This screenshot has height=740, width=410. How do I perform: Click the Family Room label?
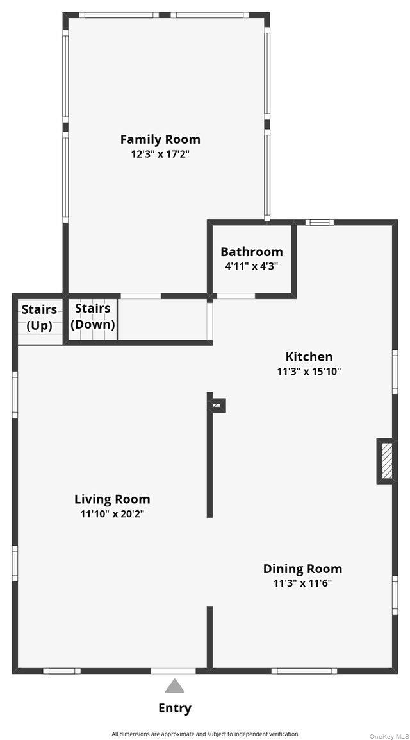[x=160, y=140]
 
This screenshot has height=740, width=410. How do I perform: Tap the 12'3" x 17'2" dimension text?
[x=160, y=154]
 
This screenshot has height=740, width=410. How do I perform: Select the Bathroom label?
[x=252, y=252]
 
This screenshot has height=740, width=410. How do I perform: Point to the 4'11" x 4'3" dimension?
[x=252, y=266]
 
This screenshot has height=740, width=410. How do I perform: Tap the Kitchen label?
[x=309, y=356]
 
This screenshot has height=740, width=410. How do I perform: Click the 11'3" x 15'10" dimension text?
[x=309, y=371]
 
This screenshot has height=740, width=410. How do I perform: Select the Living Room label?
[x=112, y=499]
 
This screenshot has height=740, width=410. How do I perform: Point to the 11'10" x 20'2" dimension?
[x=112, y=513]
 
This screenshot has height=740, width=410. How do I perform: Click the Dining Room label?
[x=302, y=569]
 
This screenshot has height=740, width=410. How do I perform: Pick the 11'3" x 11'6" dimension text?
[x=302, y=583]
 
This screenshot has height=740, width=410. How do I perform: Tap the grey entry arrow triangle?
[x=175, y=686]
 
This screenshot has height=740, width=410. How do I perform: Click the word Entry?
[x=175, y=708]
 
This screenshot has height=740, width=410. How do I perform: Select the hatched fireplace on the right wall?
[x=386, y=461]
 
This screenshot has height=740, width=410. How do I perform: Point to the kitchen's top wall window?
[x=319, y=222]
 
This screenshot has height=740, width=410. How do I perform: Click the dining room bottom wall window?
[x=304, y=671]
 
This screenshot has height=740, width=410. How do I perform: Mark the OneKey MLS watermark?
[x=389, y=736]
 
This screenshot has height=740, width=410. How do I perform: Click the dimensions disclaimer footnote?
[x=205, y=734]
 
